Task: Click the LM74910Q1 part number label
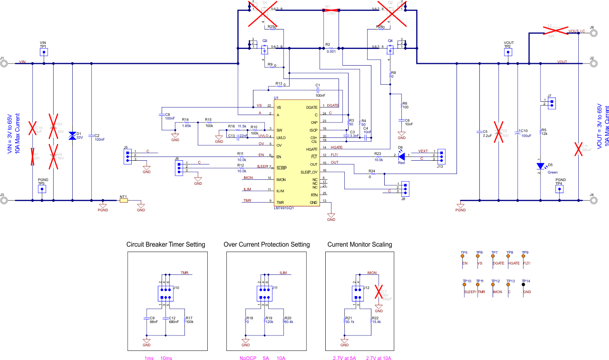284,208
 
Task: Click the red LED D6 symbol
401,156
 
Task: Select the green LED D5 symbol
540,166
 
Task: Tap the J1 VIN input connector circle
4,64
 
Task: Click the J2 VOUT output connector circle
594,64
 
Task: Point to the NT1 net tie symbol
123,201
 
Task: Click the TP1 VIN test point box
44,52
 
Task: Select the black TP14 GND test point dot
523,285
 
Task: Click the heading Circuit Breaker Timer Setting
166,245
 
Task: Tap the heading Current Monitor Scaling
360,245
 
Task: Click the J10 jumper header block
166,294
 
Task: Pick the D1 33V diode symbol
72,136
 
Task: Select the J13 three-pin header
441,156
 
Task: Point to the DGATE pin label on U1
312,108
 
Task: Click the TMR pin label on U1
280,203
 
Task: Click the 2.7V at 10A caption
378,358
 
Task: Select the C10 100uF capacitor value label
526,136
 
